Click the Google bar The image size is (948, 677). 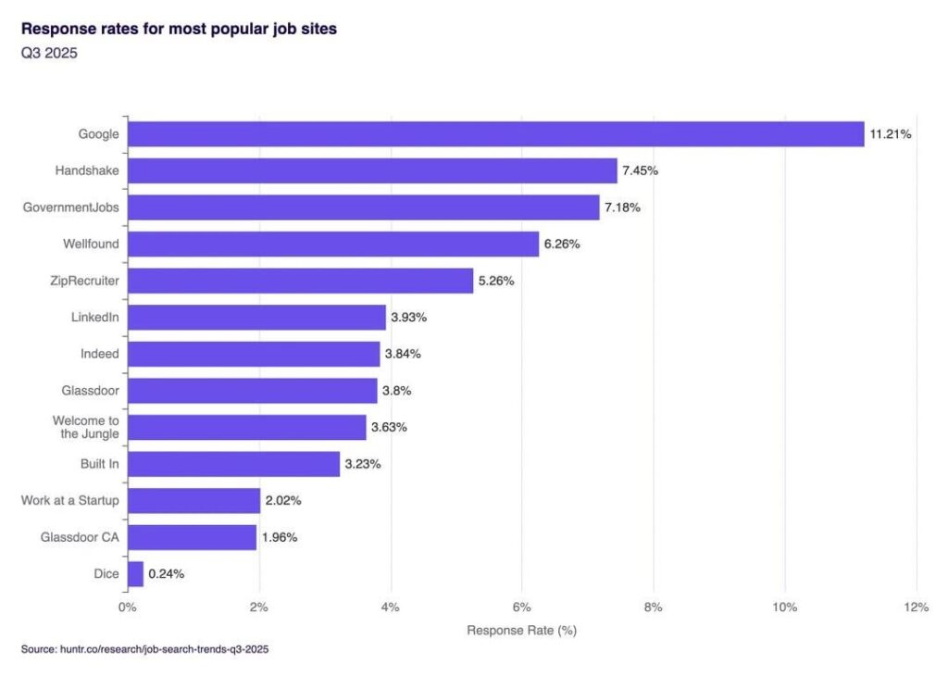click(x=495, y=134)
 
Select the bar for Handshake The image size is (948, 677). click(x=372, y=170)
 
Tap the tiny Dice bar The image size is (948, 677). click(x=135, y=573)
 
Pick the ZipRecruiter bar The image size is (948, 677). click(x=300, y=281)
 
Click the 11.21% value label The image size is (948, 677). click(x=890, y=134)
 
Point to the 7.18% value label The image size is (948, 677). click(x=622, y=207)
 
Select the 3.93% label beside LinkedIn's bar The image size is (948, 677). click(x=408, y=318)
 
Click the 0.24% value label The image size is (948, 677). click(x=166, y=573)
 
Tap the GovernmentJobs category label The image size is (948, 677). click(x=71, y=207)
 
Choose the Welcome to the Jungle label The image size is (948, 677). click(x=85, y=427)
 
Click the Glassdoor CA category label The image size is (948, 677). click(x=80, y=537)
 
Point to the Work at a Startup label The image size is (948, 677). click(x=70, y=500)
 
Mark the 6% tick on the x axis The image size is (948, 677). click(x=521, y=608)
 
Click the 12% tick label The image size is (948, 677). click(x=916, y=608)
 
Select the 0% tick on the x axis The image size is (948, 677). click(x=128, y=608)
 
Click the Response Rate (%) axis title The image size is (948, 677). click(x=521, y=631)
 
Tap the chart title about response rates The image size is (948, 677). click(x=179, y=29)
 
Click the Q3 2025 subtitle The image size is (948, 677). click(x=49, y=53)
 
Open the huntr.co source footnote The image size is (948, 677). click(x=144, y=649)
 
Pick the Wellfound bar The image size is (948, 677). click(x=333, y=244)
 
